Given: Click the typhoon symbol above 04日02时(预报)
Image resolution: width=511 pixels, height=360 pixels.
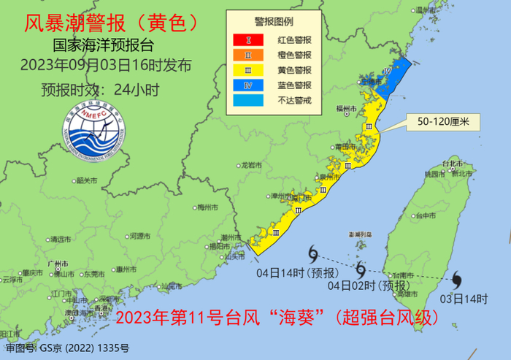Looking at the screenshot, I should coord(361,268).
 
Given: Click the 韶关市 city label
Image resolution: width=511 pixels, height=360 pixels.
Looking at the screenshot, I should coord(85,180).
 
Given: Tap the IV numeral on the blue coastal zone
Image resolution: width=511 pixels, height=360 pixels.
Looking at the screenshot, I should coord(388,72).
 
